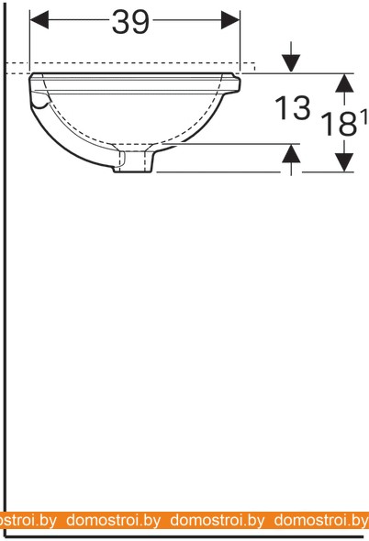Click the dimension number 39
[x=131, y=22]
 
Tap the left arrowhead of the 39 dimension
[x=39, y=19]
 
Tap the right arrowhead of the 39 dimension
[x=230, y=19]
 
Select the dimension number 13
[x=292, y=108]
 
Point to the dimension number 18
[x=338, y=124]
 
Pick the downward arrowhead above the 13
[x=291, y=63]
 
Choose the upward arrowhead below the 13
[x=291, y=153]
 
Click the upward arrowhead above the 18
[x=344, y=83]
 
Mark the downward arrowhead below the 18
[x=344, y=161]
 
